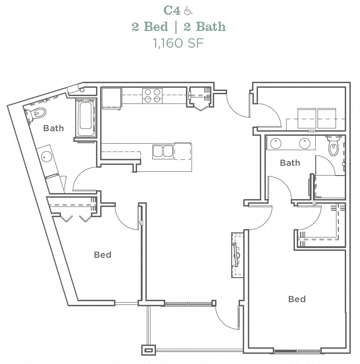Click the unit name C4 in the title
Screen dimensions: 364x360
[x=172, y=10]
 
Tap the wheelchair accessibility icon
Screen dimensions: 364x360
[x=188, y=10]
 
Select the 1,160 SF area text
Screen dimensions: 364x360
[x=178, y=43]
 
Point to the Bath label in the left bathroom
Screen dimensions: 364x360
[x=54, y=128]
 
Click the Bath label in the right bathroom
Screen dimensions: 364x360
[x=290, y=163]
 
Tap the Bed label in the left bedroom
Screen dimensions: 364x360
[x=102, y=255]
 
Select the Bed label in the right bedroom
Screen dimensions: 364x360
[x=297, y=299]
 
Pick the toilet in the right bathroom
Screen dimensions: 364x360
[x=333, y=147]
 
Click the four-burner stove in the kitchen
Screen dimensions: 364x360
[x=152, y=95]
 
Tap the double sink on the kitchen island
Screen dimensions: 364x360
[x=162, y=151]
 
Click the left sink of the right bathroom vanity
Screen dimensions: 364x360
[x=276, y=143]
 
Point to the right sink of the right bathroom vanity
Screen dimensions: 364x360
[x=305, y=143]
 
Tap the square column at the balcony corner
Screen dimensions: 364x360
[x=149, y=350]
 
